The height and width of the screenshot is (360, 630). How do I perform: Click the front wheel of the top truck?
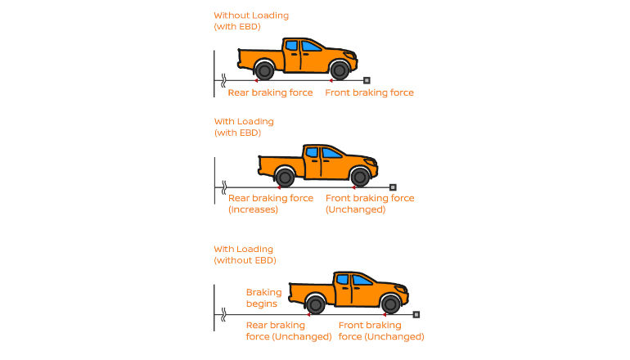pos(338,70)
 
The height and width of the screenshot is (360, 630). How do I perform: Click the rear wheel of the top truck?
pos(263,70)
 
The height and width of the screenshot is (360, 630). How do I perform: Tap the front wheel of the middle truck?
pos(359,177)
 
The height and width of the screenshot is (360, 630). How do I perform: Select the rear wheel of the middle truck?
pos(285,177)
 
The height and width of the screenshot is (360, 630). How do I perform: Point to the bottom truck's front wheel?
pos(390,304)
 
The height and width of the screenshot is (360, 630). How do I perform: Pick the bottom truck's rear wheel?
pos(316,304)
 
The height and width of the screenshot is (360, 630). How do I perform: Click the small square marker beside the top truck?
pos(367,80)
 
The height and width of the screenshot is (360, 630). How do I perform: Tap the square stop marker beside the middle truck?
pos(393,187)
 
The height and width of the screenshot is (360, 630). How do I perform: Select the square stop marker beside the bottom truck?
pos(416,314)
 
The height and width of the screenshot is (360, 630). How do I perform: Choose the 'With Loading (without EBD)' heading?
pos(245,254)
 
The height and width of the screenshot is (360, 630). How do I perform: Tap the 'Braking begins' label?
pos(263,298)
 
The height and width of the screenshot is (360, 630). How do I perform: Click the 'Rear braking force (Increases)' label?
pos(270,204)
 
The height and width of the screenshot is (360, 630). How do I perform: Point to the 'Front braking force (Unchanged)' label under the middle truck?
pos(370,204)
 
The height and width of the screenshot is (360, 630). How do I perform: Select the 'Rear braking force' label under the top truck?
pos(270,93)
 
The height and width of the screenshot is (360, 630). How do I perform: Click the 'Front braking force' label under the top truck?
pos(369,93)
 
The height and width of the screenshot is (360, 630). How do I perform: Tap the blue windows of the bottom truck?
pos(352,280)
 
